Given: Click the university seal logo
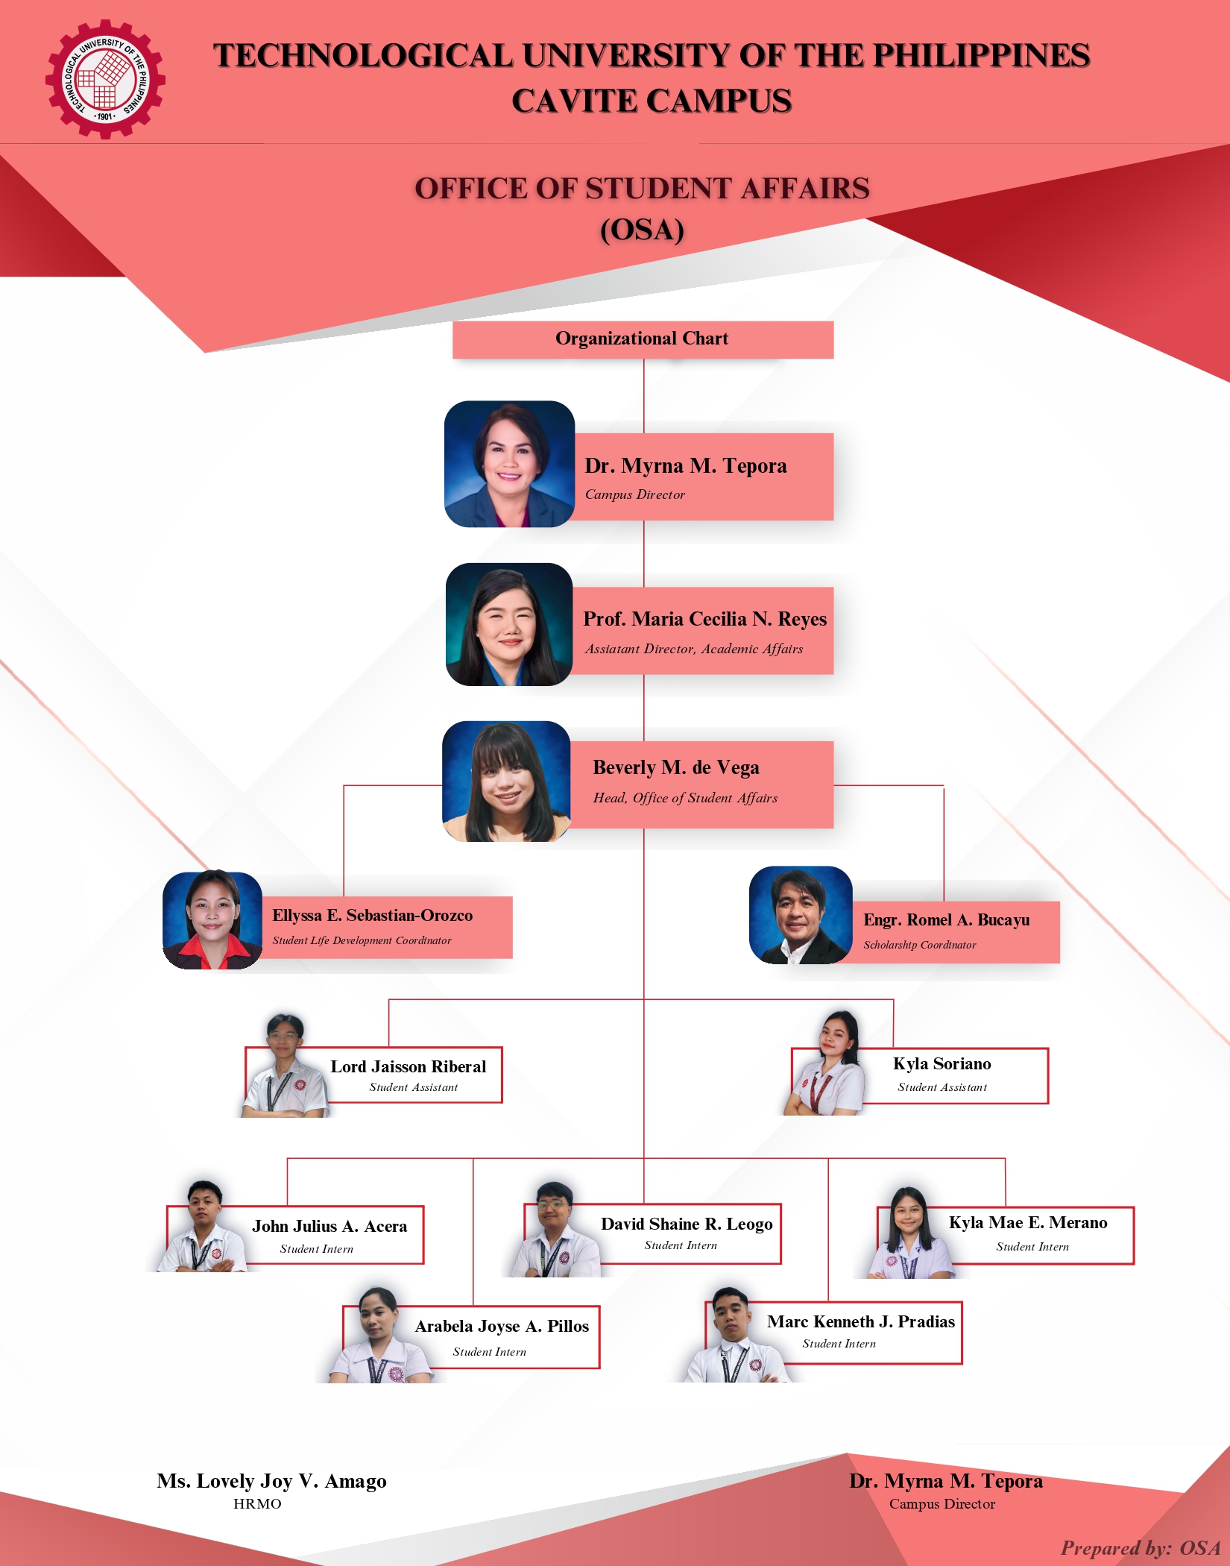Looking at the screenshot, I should pos(105,79).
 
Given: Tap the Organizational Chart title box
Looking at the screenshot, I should pos(642,339).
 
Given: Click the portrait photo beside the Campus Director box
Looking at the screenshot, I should pos(509,464).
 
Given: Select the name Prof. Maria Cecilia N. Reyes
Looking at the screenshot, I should pos(704,619).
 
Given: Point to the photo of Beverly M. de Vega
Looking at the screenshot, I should pos(506,782).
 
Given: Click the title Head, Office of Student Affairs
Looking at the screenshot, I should pos(685,798).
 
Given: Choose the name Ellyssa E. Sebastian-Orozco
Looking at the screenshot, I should pos(372,916).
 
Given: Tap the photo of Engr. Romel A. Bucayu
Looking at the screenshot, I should pos(801,915).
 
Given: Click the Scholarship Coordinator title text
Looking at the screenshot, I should pos(919,945).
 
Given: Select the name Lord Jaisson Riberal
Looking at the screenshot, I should pos(408,1067).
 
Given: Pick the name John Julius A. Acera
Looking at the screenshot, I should pos(329,1227).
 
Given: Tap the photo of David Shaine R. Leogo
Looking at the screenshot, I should pos(554,1230).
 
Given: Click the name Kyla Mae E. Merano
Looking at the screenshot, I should pos(1027,1223).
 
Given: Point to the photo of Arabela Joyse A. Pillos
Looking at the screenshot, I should pos(380,1336).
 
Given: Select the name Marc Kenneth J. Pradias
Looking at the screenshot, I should pos(860,1322).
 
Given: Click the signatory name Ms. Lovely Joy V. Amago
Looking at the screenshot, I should pos(271,1481).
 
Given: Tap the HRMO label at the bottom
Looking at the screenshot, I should pos(257,1504).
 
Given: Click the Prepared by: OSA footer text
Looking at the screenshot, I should pos(1140,1548).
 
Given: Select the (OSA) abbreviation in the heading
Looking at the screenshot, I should pos(642,230).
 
